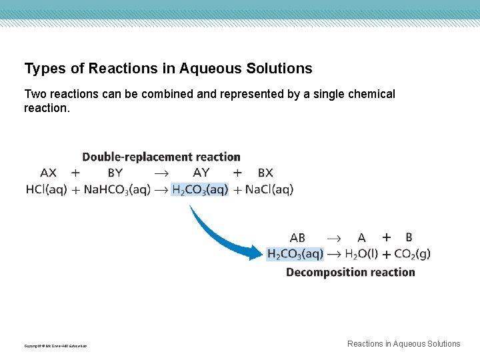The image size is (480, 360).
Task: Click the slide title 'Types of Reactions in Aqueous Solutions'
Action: [x=168, y=69]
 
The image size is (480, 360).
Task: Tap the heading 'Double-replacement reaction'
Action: [x=161, y=157]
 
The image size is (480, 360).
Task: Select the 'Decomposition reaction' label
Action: [x=351, y=272]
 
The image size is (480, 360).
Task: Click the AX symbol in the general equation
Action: [x=49, y=173]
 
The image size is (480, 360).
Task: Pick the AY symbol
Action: [x=201, y=173]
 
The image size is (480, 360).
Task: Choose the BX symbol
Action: [x=265, y=173]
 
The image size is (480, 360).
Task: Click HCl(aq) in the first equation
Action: [x=47, y=189]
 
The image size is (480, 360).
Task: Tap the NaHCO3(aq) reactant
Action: [x=117, y=189]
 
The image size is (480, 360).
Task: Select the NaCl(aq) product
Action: [x=269, y=189]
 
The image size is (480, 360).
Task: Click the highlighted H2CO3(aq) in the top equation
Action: [x=200, y=189]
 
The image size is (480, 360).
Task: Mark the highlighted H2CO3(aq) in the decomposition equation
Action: [x=295, y=253]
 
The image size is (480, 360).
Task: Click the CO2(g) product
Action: [x=412, y=253]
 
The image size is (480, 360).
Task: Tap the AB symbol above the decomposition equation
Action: [x=297, y=237]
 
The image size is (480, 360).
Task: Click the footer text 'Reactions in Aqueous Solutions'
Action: [x=403, y=344]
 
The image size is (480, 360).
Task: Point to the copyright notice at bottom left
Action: [x=55, y=346]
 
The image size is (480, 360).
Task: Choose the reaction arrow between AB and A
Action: [x=333, y=237]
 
